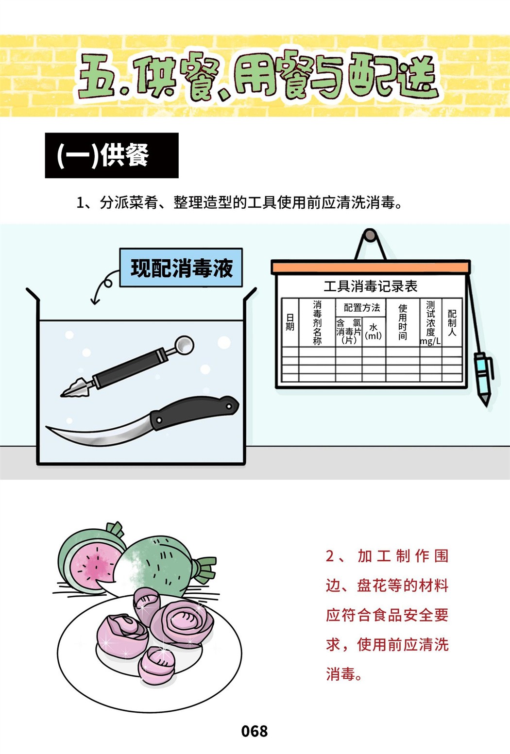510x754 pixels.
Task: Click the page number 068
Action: coord(255,732)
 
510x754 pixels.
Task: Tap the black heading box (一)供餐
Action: coord(112,155)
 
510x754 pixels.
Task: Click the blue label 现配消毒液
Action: coord(181,268)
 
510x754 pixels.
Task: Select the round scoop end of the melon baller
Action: coord(185,345)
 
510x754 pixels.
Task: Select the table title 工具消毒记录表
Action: coord(371,286)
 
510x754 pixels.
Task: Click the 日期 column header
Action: coord(290,322)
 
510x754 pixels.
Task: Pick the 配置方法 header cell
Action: coord(361,307)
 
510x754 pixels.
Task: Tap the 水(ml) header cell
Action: coord(374,332)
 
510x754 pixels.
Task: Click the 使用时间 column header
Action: coord(403,322)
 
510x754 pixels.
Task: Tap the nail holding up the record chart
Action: coord(370,235)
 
